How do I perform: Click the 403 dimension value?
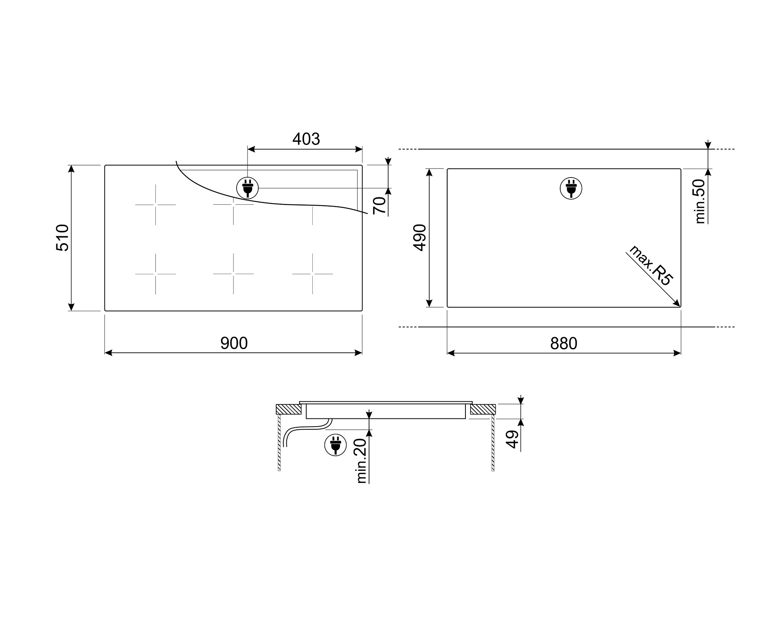(306, 139)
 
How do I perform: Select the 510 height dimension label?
(63, 238)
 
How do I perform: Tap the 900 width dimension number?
(234, 343)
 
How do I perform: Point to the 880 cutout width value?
(564, 343)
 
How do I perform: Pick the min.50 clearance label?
(700, 201)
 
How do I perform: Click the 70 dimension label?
(380, 205)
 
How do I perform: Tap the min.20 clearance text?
(361, 461)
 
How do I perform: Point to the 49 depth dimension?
(513, 439)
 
